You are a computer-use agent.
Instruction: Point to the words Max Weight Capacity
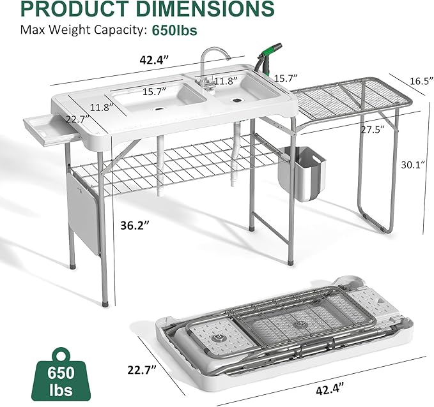tap(83, 30)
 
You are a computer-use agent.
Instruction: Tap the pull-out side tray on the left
tap(48, 128)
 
